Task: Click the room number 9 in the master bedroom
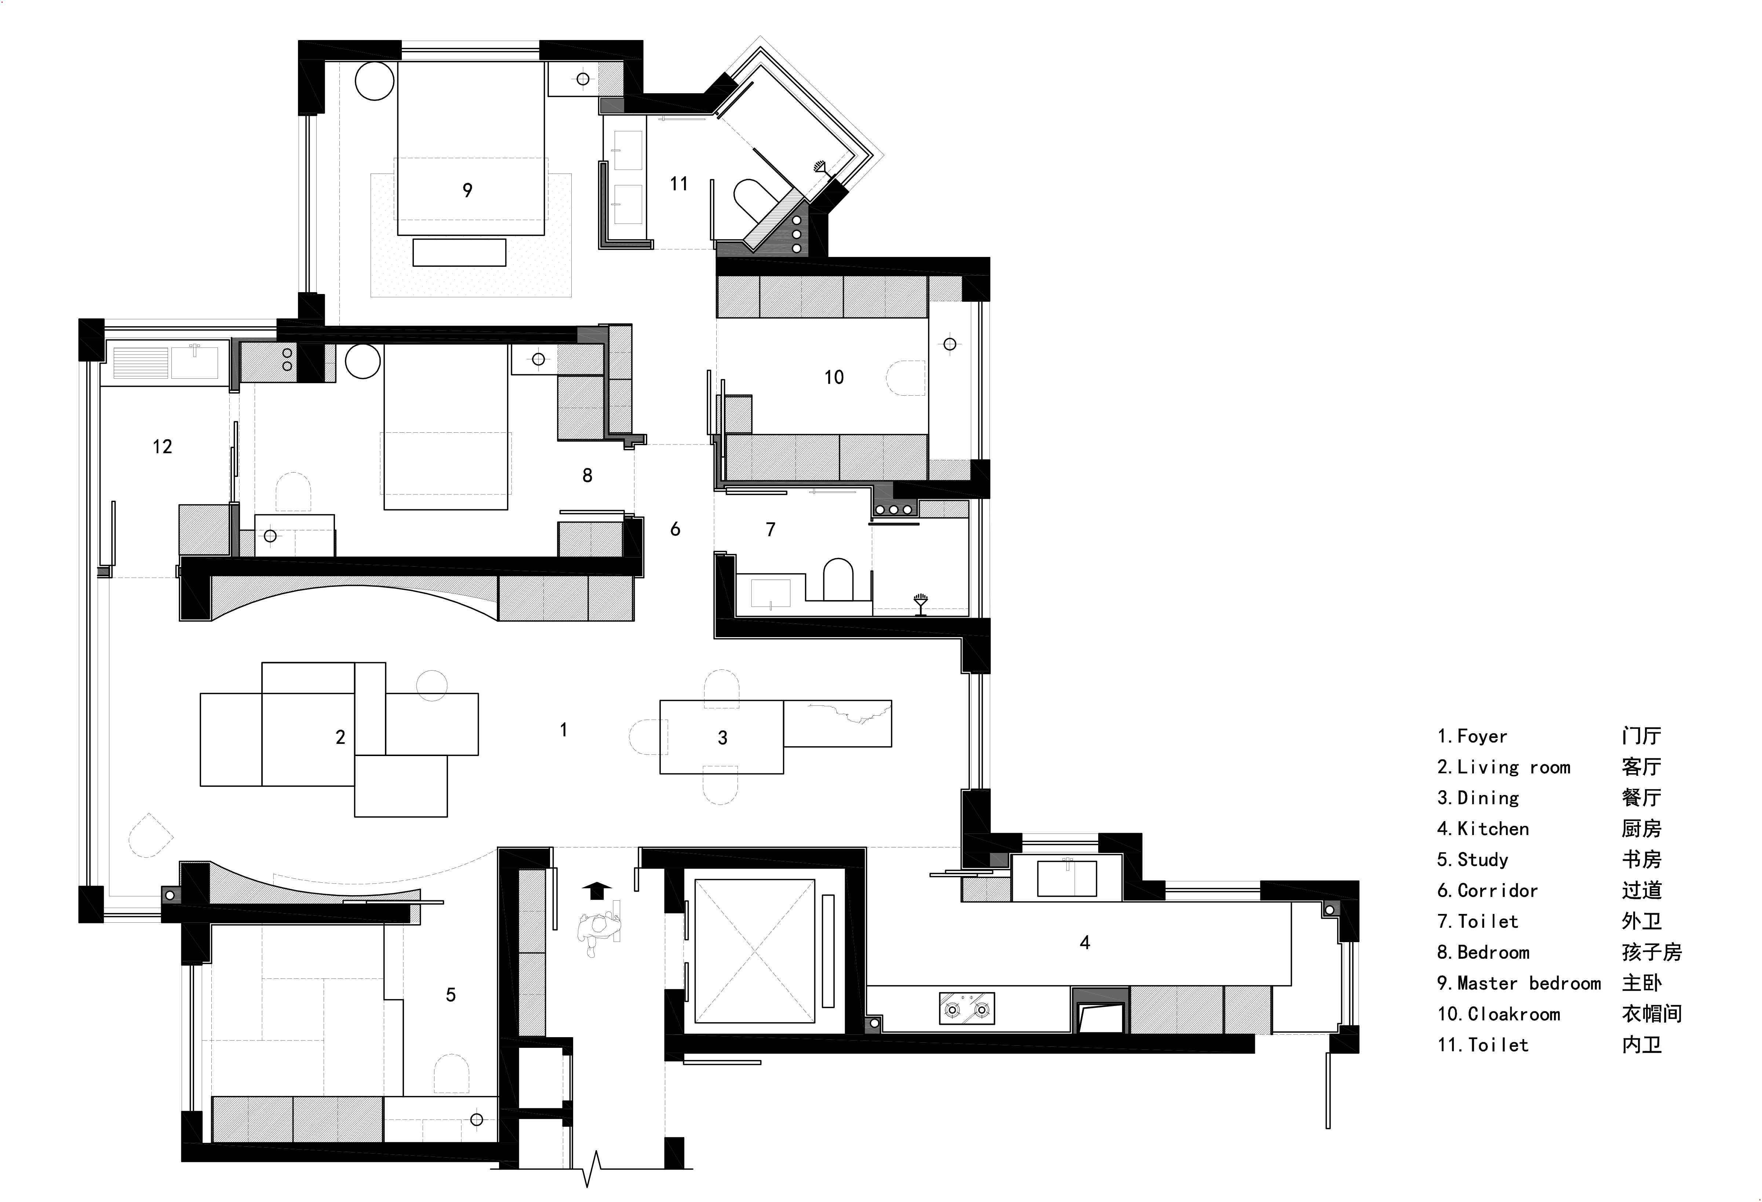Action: [x=467, y=190]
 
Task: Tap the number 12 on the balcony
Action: [x=162, y=447]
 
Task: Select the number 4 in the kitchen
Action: [x=1085, y=943]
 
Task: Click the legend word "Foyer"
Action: [x=1482, y=736]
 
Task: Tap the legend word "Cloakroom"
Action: [x=1514, y=1015]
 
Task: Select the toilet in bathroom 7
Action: [x=838, y=580]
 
